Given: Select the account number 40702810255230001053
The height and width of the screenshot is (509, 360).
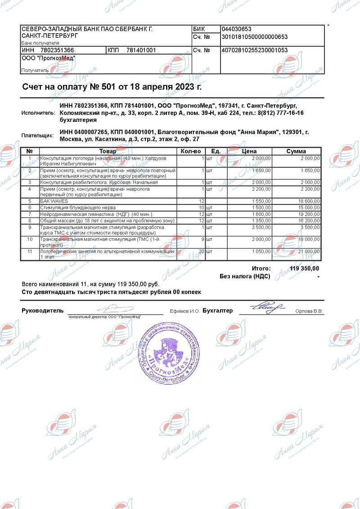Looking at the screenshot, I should click(x=255, y=50).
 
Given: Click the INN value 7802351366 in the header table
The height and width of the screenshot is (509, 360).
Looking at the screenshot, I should click(x=57, y=50).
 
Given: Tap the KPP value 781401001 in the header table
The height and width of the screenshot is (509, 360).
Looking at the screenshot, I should click(x=141, y=50).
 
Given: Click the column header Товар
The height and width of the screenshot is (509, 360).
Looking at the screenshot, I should click(x=108, y=152).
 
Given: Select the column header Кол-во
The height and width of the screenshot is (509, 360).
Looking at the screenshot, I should click(x=190, y=152).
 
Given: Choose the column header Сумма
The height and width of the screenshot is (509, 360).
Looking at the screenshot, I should click(x=296, y=152).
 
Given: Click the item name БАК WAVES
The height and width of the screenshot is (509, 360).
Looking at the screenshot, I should click(x=54, y=201).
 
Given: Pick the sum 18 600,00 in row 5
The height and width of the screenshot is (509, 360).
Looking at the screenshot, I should click(x=308, y=201).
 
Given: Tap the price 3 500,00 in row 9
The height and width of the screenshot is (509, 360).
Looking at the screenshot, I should click(x=261, y=227).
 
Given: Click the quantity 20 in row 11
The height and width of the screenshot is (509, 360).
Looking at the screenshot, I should click(x=202, y=251).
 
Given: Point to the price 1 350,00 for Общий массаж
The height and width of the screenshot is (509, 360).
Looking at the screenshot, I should click(x=261, y=221).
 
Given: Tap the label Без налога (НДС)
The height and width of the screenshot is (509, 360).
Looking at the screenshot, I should click(x=245, y=277).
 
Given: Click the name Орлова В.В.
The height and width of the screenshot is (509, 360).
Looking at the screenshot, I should click(x=309, y=311).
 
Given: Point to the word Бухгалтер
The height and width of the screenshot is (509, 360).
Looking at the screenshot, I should click(x=217, y=311).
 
